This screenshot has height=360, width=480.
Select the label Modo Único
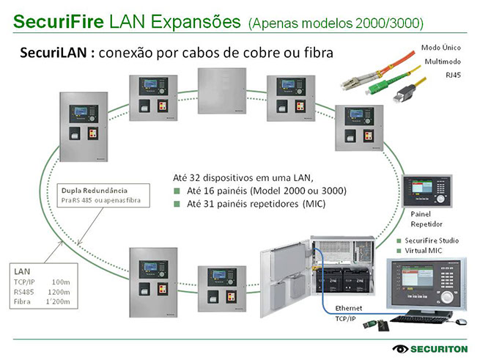coord(440,47)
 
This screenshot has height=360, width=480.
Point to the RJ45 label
coord(454,75)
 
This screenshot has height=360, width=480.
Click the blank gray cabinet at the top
coord(221,91)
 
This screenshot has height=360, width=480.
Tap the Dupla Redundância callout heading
coord(95,188)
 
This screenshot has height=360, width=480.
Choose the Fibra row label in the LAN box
coord(23,301)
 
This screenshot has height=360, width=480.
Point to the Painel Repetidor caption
coord(426,218)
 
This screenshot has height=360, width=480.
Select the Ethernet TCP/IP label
coord(348,313)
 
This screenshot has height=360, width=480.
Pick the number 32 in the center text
coord(194,177)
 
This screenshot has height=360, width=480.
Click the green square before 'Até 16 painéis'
coord(177,191)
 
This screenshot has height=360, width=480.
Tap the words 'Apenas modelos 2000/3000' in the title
coord(336,23)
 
